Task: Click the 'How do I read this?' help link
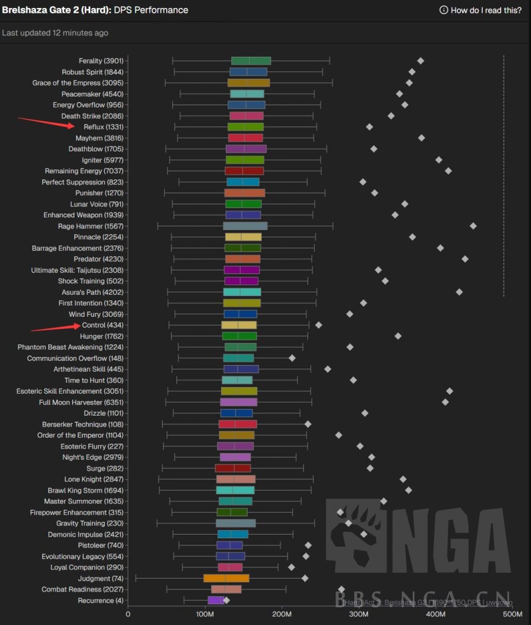480,10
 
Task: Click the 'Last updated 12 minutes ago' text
55,33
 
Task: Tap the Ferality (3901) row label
101,61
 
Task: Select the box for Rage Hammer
245,226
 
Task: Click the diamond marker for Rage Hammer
473,226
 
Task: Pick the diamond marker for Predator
465,259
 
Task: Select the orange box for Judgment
226,578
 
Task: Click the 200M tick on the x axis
282,613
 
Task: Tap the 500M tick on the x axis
511,613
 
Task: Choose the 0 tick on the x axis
128,613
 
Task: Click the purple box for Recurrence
215,600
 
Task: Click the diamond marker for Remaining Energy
448,171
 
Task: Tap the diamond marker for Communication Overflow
292,358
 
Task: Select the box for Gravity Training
236,523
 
